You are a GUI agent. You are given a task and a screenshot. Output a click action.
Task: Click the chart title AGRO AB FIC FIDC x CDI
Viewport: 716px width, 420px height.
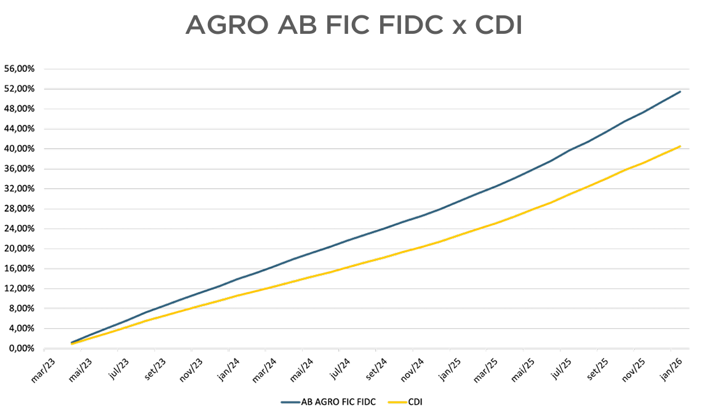[354, 25]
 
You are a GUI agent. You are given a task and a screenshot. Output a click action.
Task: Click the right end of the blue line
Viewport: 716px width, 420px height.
[680, 92]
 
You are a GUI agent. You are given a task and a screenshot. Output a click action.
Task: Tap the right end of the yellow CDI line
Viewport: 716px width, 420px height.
[680, 146]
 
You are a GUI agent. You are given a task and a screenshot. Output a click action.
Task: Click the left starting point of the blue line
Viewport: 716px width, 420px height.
[72, 343]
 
